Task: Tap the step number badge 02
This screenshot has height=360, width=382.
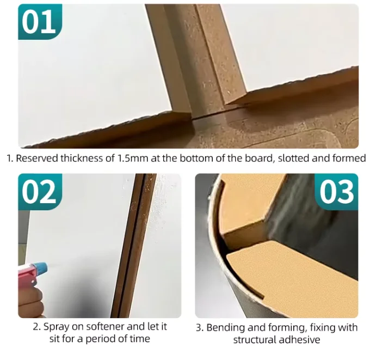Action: tap(40, 192)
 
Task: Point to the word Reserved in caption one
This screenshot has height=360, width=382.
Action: tap(37, 158)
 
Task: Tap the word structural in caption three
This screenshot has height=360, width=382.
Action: tap(256, 339)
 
